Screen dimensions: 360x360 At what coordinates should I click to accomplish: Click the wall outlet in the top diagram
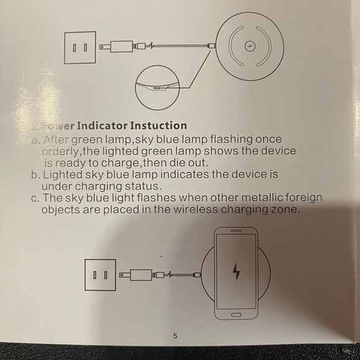(80, 47)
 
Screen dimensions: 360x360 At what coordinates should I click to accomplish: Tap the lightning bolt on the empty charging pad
(250, 47)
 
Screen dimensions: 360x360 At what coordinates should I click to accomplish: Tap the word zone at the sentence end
(286, 210)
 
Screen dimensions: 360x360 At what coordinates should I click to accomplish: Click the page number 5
(175, 336)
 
